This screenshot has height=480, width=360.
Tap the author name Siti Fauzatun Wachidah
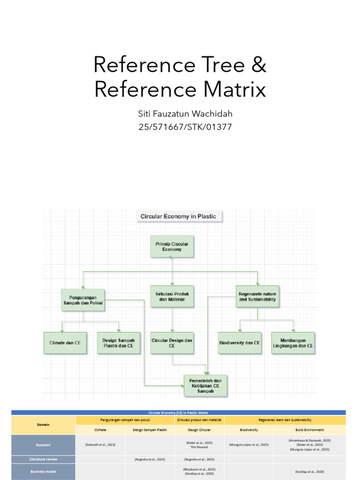coord(180,114)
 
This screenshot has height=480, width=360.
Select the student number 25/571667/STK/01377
coord(180,127)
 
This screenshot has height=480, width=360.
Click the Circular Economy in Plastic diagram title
coord(179,217)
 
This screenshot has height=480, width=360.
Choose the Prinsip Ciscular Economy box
coord(172,247)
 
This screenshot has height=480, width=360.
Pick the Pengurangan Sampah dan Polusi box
coord(83,300)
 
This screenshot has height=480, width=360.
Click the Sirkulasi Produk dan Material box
coord(172,296)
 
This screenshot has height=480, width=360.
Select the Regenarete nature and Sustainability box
coord(257,296)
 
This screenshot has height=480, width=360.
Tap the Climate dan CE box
coord(65,343)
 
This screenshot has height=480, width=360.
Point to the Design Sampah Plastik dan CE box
coord(118,343)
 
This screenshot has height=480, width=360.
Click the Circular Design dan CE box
coord(172,343)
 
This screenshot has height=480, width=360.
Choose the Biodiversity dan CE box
coord(240,343)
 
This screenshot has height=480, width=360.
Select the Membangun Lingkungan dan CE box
coord(293,343)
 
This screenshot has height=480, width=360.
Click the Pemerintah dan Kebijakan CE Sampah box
coord(205,385)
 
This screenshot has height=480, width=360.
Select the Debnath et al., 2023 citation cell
coord(100,444)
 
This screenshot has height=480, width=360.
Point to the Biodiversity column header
coord(249,429)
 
